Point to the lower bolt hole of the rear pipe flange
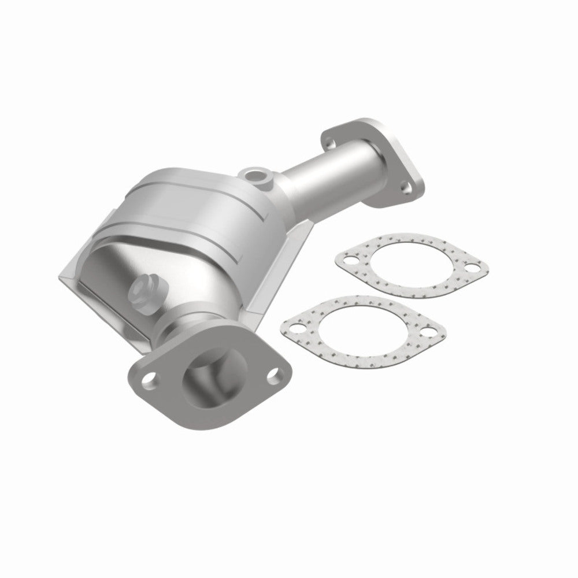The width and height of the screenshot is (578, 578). pos(407,187)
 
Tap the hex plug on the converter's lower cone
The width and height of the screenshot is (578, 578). pos(144,289)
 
